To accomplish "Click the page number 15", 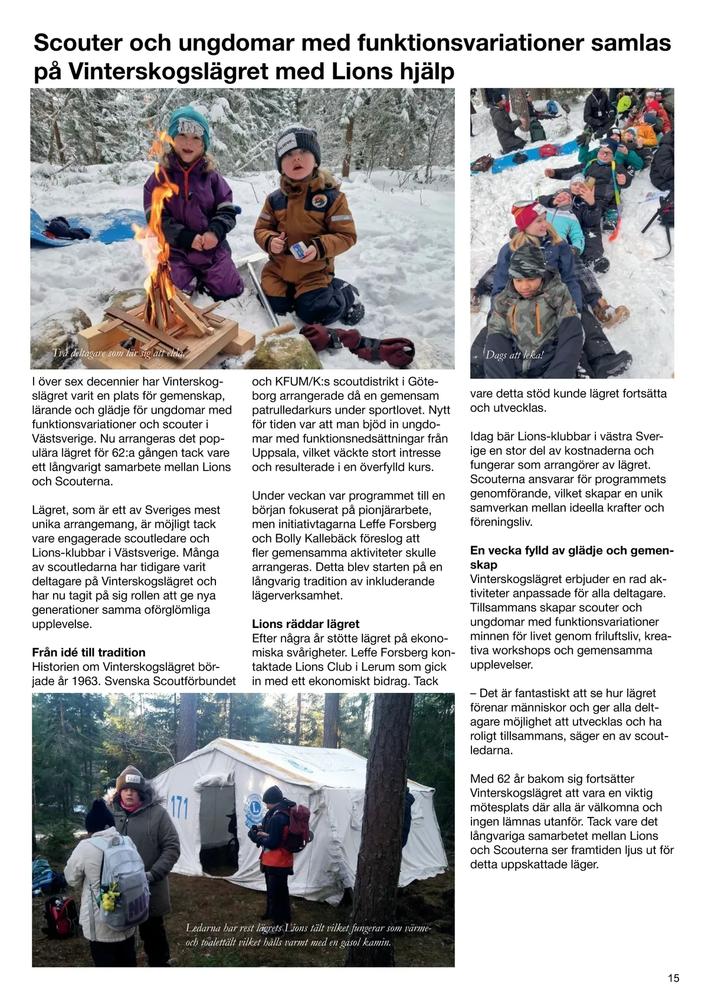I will click(x=673, y=978).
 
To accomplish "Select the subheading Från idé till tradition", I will click(x=88, y=652).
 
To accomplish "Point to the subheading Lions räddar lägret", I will click(x=306, y=624).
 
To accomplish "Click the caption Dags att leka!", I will click(x=514, y=355).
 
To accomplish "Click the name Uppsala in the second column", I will click(x=274, y=453).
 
